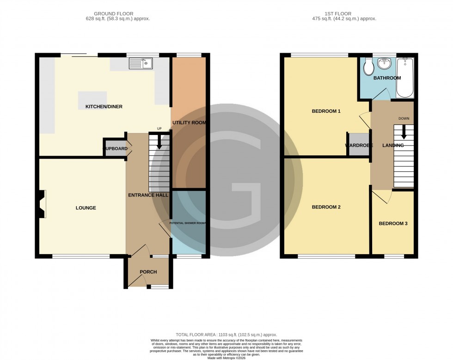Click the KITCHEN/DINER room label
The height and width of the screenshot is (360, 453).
coord(104,107)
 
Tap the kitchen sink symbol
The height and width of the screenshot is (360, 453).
coord(141,64)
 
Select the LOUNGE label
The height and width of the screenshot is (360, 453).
coord(86,208)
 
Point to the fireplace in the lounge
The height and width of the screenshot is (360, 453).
coord(43,204)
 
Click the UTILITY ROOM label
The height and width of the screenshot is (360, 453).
coord(189,122)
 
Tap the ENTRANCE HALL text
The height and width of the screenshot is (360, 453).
coord(148,195)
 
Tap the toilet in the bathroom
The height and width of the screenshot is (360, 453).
coord(369,67)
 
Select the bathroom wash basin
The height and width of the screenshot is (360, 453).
coord(385,64)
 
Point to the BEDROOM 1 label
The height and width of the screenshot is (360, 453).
coord(326,111)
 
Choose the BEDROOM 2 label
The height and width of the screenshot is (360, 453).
coord(326,207)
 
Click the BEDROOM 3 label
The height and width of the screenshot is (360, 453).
coord(393,224)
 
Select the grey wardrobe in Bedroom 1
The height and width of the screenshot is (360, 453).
coord(359,144)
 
